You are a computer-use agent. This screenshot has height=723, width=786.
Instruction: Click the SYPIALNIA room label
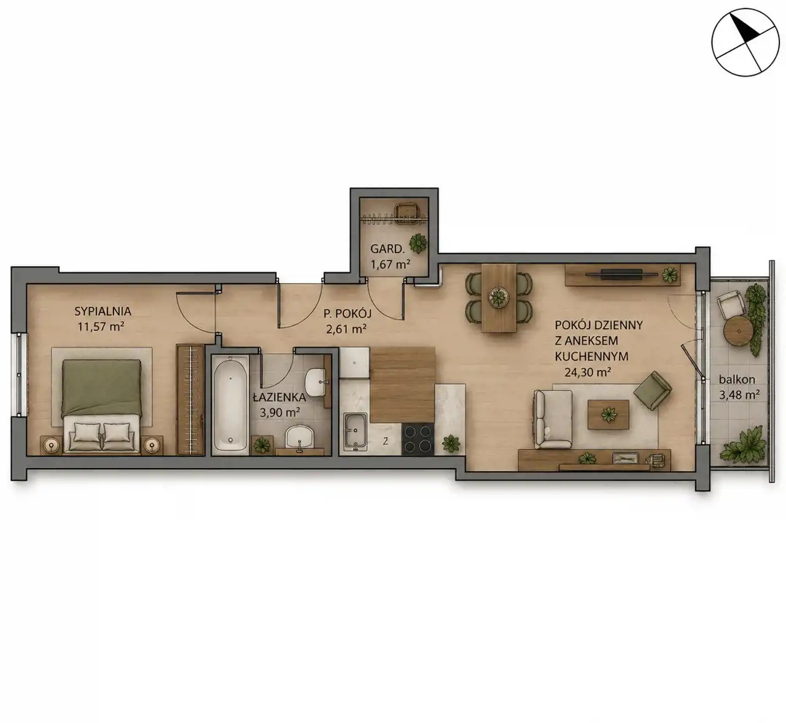(x=103, y=311)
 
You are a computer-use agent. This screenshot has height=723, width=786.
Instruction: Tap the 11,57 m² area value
(x=101, y=326)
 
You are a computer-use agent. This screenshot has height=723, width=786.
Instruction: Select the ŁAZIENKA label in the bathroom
(x=279, y=397)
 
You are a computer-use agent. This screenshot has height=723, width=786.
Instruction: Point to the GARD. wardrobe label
(x=387, y=249)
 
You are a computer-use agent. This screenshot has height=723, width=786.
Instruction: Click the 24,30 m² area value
(x=588, y=372)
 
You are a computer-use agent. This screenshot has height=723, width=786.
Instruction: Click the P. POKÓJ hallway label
(x=348, y=313)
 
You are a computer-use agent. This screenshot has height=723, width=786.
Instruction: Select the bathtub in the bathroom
(x=230, y=404)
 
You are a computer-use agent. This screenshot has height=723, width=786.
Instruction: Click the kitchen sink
(x=355, y=430)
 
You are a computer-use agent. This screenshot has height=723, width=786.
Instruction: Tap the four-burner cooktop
(x=418, y=439)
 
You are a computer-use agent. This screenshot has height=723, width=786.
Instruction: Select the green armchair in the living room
(x=652, y=390)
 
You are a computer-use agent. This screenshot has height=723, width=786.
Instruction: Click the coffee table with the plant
(x=608, y=415)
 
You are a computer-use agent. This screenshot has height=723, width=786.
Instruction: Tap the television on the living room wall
(x=621, y=275)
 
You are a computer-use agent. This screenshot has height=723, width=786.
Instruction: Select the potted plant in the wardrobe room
(x=418, y=243)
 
